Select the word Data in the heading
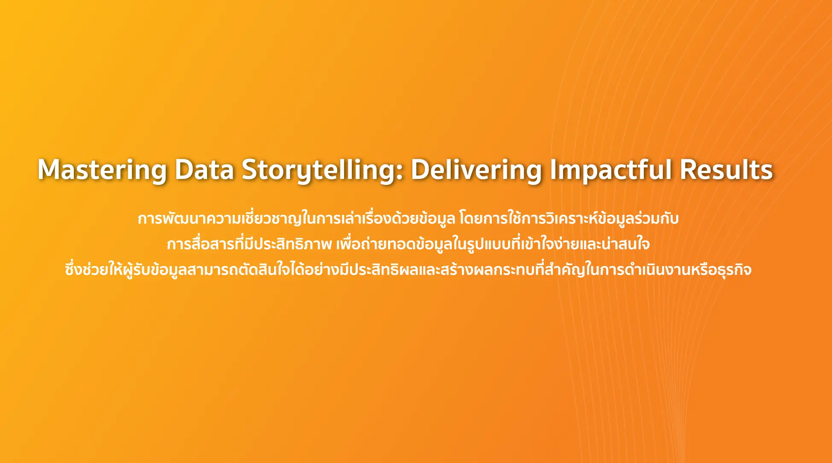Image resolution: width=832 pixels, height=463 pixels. pyautogui.click(x=204, y=170)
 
